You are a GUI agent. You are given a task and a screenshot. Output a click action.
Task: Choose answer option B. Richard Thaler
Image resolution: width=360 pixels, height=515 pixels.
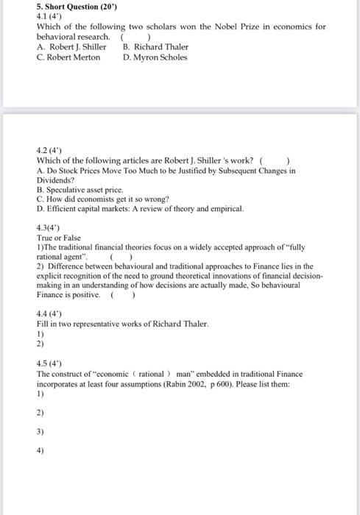(x=155, y=46)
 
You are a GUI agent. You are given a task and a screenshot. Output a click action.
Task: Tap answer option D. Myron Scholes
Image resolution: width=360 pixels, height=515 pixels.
(x=155, y=57)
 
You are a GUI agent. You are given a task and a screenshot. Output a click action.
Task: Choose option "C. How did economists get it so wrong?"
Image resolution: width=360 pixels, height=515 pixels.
(x=103, y=199)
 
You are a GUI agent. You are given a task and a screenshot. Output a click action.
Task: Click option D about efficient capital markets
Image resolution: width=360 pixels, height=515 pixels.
(x=139, y=208)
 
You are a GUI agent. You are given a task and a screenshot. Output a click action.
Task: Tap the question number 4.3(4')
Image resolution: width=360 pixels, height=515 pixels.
(x=49, y=228)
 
